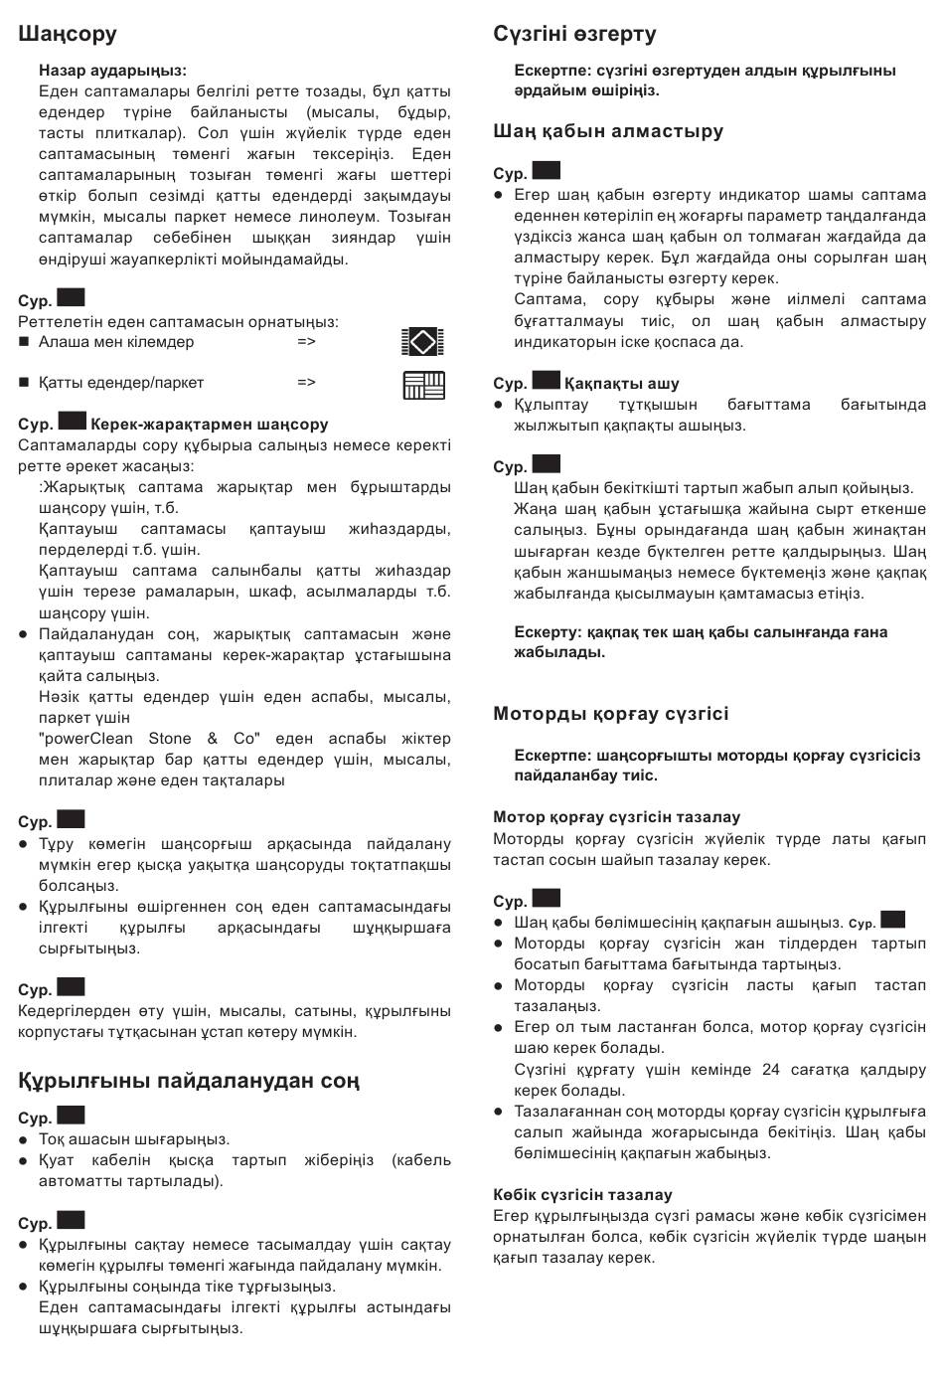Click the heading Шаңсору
[x=68, y=34]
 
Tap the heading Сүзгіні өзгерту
[x=574, y=34]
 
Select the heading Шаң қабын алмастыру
[x=608, y=131]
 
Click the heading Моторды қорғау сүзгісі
[x=610, y=714]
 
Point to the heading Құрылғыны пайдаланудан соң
[x=189, y=1081]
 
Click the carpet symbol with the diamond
[x=422, y=342]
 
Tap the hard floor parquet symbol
[x=423, y=384]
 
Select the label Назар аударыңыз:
[x=112, y=71]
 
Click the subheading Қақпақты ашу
[x=622, y=384]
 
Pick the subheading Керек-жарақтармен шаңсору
[x=209, y=425]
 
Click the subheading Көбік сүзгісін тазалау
[x=582, y=1195]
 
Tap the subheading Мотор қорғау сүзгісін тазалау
[x=616, y=817]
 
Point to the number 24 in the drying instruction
[x=771, y=1070]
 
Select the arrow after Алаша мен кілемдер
[x=306, y=342]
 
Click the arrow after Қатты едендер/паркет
[x=306, y=383]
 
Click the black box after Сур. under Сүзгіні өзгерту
[x=547, y=171]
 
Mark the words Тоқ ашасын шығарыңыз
[x=134, y=1139]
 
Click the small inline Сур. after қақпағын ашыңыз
[x=863, y=924]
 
